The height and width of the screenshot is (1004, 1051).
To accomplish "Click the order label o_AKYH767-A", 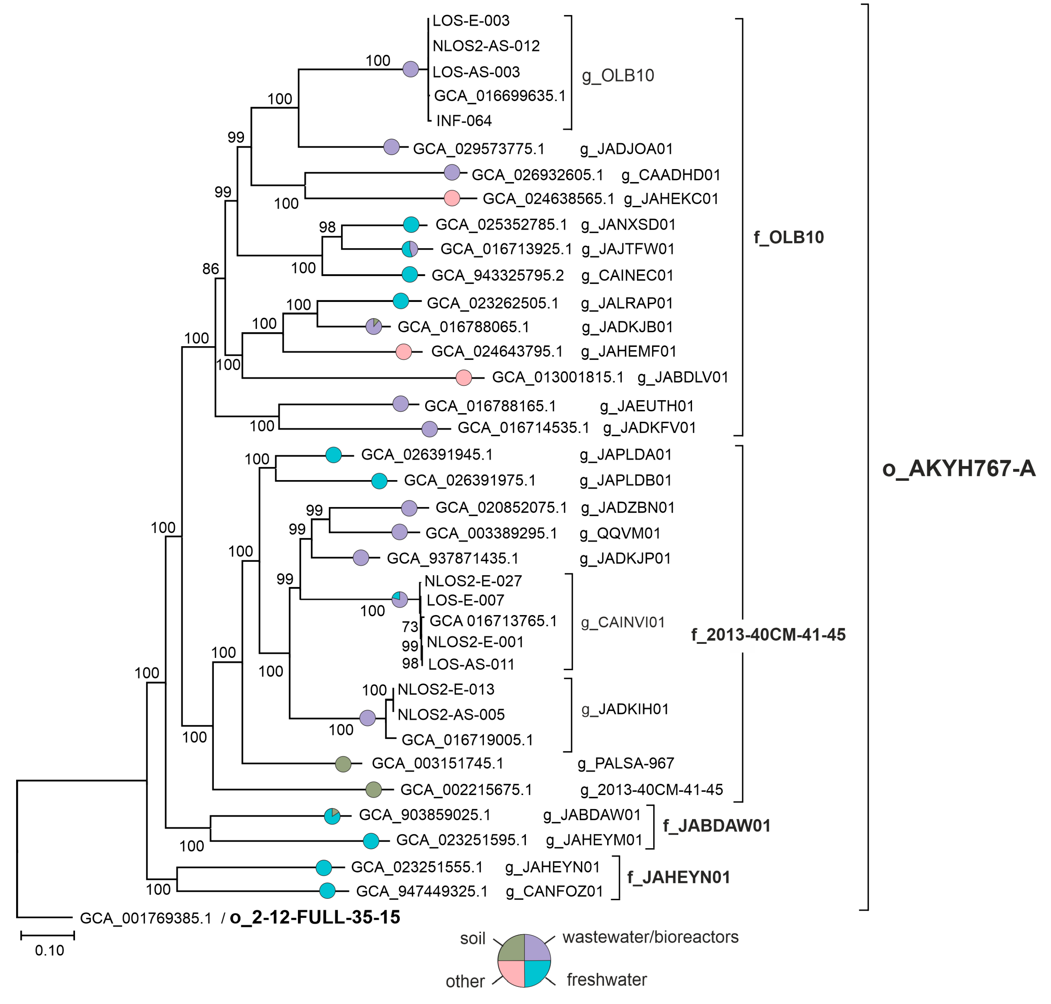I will tap(958, 469).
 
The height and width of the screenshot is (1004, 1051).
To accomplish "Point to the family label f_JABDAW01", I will tap(717, 826).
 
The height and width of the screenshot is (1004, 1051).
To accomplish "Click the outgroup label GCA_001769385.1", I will tap(145, 918).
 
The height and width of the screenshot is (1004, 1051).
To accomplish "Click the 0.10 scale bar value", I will tap(49, 950).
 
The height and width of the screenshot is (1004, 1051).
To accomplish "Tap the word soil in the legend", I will tap(473, 939).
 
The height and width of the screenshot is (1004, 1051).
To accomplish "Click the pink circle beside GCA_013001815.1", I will tap(463, 377).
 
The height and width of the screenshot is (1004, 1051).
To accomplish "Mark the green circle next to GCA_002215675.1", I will tap(373, 789).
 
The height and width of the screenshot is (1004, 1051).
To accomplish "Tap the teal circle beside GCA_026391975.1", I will tap(379, 480).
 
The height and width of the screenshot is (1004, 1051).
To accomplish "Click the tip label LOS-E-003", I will tap(471, 21).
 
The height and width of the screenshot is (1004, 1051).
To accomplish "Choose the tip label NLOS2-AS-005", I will tap(451, 714).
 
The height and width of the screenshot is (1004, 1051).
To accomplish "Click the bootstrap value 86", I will tap(211, 269).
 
